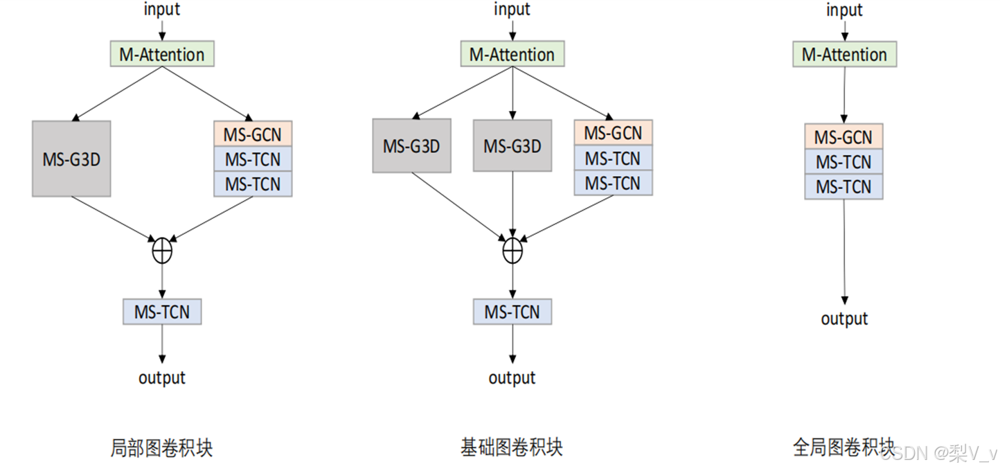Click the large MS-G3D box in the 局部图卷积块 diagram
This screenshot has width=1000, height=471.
coord(71,159)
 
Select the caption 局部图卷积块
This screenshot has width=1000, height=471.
coord(161,447)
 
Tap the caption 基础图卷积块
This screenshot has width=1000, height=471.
coord(512,447)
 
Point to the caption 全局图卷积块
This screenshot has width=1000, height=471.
coord(843,447)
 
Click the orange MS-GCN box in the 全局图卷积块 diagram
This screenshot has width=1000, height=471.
coord(843,136)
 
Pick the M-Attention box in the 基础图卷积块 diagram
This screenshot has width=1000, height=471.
coord(512,55)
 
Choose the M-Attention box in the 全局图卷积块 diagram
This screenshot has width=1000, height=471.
coord(844,55)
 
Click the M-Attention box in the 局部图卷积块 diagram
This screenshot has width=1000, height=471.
coord(162,55)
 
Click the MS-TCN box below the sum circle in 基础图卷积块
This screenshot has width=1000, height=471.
coord(512,312)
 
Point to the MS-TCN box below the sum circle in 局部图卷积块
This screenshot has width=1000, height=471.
coord(162,312)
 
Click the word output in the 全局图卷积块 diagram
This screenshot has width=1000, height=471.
coord(844,319)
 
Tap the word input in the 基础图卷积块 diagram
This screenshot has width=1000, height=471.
coord(512,10)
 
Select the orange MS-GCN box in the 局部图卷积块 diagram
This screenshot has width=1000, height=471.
coord(253,134)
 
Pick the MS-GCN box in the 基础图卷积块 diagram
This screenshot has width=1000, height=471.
coord(613,132)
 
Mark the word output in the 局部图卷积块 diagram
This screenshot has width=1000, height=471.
coord(162,377)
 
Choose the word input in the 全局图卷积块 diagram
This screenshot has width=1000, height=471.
coord(844,10)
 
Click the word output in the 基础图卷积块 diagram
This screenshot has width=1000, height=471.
coord(512,377)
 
